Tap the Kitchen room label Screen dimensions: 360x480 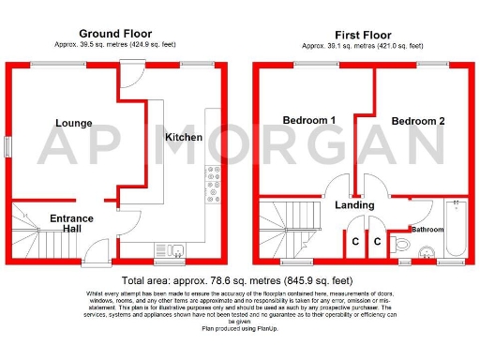[184, 137]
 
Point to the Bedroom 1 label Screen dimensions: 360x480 [308, 121]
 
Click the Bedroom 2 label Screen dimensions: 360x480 [418, 121]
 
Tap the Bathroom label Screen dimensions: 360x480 [428, 229]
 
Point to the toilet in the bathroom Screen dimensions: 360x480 [400, 243]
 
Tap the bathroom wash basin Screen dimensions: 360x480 [427, 250]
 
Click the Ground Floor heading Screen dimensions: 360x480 [115, 33]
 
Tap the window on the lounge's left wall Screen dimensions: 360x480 [8, 147]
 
